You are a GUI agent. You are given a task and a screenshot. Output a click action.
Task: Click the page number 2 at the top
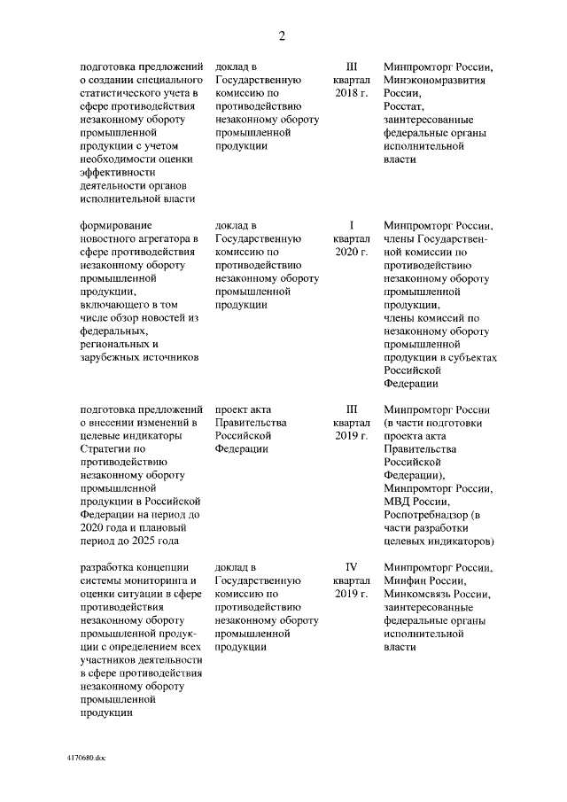(283, 36)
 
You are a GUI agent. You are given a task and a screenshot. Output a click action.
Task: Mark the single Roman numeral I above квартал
(351, 225)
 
